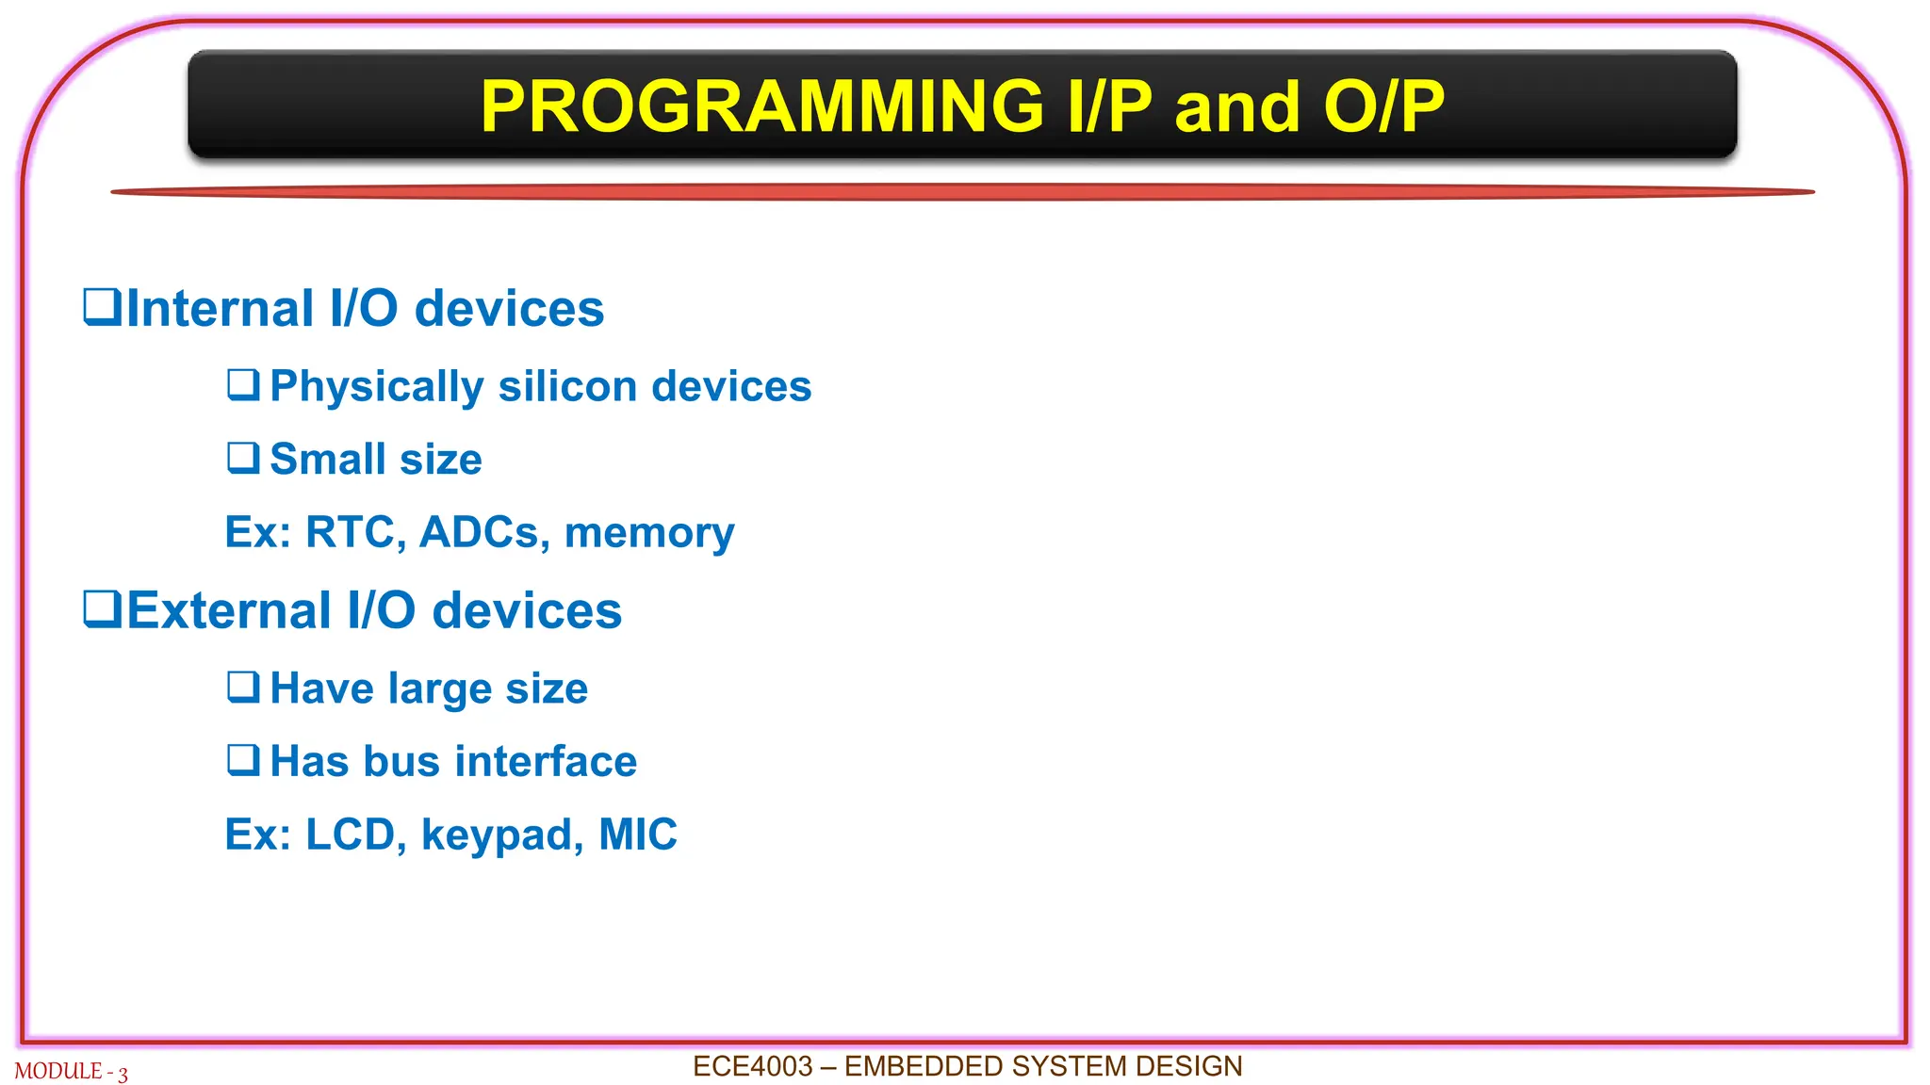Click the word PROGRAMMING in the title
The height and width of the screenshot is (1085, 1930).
click(x=761, y=106)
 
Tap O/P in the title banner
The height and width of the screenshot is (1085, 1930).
click(x=1383, y=106)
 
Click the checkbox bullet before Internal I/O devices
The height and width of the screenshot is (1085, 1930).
click(x=102, y=307)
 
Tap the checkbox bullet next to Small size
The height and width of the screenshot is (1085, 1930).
click(x=243, y=458)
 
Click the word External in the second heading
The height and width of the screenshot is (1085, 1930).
click(x=228, y=610)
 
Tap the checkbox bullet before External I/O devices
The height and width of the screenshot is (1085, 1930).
click(x=102, y=608)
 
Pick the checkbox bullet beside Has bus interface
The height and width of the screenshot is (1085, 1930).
click(x=243, y=760)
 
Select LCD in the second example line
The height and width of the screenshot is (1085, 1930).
click(x=354, y=834)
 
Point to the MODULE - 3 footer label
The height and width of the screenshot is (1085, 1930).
click(x=71, y=1072)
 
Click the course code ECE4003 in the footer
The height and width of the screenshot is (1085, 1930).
click(x=752, y=1066)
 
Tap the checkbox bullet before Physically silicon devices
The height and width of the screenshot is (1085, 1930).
click(x=243, y=385)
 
